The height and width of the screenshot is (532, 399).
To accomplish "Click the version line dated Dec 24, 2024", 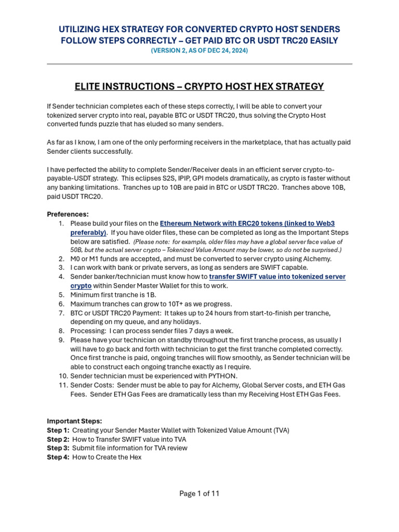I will (x=199, y=50).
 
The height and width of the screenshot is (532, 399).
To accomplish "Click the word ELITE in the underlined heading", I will (x=90, y=86).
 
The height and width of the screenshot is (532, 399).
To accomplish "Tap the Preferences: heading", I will (x=68, y=214).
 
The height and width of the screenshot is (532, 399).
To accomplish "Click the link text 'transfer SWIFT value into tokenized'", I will (x=277, y=277).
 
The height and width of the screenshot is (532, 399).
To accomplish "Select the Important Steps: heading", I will (x=74, y=421).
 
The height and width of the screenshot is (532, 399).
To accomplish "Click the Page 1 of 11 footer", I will (x=199, y=494).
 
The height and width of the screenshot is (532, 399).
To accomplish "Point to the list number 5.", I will (x=61, y=295).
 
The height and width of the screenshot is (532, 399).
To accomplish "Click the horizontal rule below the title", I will (x=199, y=64).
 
